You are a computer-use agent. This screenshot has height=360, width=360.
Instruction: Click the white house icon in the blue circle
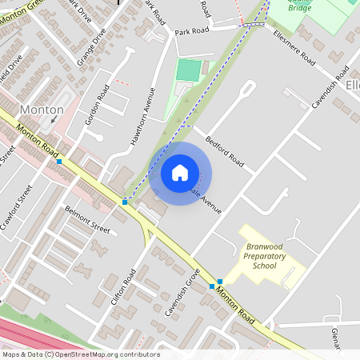pyautogui.click(x=180, y=172)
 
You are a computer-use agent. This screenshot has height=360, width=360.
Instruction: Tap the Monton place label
pyautogui.click(x=41, y=109)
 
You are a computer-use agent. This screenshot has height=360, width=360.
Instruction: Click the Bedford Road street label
pyautogui.click(x=224, y=149)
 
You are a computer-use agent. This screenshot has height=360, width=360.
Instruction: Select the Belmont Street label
pyautogui.click(x=87, y=218)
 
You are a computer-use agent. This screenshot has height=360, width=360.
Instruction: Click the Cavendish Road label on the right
pyautogui.click(x=328, y=94)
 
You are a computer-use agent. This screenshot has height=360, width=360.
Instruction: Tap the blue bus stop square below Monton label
pyautogui.click(x=58, y=162)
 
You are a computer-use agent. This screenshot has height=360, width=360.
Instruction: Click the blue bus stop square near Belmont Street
pyautogui.click(x=125, y=202)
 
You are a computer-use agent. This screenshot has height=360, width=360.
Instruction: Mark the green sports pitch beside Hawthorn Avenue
pyautogui.click(x=187, y=70)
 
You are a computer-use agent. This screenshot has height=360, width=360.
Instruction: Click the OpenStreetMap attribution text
pyautogui.click(x=80, y=354)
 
